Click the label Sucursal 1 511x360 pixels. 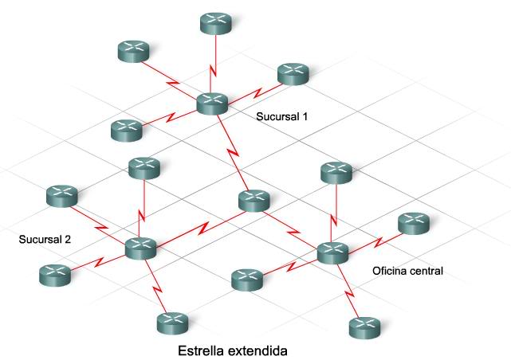pos(282,116)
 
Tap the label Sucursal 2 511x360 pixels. pos(45,239)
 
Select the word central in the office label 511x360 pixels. pos(426,271)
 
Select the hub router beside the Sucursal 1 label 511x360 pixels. pos(212,102)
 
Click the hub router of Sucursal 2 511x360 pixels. pos(141,248)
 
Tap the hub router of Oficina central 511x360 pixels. pos(332,252)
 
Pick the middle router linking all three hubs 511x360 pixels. pos(254,201)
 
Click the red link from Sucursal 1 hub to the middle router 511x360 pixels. pos(234,151)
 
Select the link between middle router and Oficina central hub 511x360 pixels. pos(293,226)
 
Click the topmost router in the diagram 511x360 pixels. pos(214,22)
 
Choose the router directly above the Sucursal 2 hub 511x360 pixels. pos(144,168)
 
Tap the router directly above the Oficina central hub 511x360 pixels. pos(336,171)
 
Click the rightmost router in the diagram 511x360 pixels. pos(413,223)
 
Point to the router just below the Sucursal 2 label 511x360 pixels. pos(54,275)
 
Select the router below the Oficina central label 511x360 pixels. pos(364,327)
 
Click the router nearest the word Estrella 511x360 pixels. pos(172,323)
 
